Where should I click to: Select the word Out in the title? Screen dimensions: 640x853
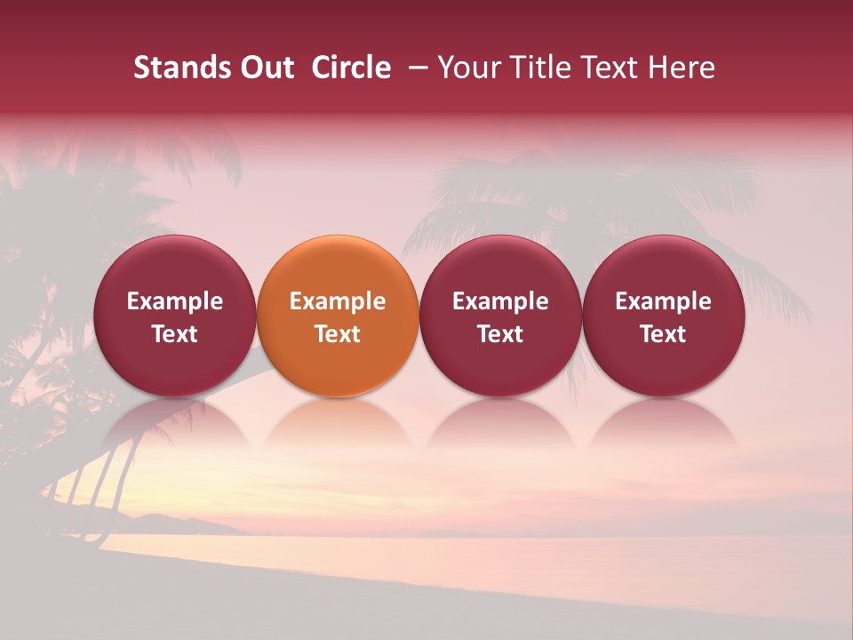click(x=265, y=68)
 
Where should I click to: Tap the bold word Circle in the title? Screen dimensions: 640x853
click(x=351, y=68)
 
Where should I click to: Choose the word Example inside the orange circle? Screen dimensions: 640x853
click(x=338, y=301)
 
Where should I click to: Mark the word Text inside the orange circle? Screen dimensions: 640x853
click(x=338, y=334)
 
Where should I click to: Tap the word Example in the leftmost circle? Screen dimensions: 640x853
click(x=174, y=301)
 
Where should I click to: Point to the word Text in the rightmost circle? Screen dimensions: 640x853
click(x=663, y=334)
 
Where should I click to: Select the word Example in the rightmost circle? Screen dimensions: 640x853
click(x=663, y=301)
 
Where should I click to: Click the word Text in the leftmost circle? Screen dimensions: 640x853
click(x=174, y=334)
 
